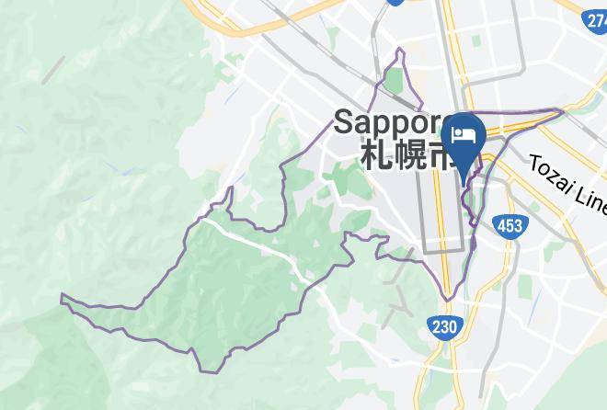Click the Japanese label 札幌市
405,154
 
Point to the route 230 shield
443,325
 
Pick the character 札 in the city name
374,154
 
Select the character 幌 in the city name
406,154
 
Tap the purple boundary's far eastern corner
563,111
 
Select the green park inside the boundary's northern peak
394,82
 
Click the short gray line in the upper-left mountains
52,69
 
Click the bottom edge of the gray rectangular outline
444,248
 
